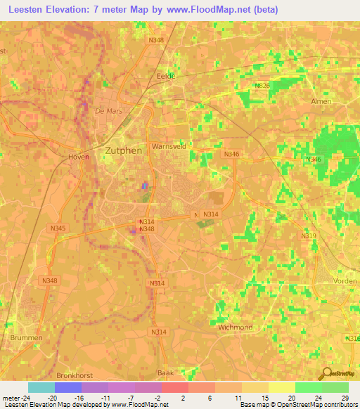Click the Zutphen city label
(124, 150)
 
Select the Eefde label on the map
(166, 75)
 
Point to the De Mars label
(108, 111)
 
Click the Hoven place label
(79, 157)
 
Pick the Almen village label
(321, 101)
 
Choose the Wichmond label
(235, 327)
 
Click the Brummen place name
(26, 338)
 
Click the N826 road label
(263, 86)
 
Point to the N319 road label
(309, 236)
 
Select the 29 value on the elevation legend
(344, 398)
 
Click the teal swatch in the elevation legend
(41, 387)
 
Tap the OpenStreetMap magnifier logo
(327, 374)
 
